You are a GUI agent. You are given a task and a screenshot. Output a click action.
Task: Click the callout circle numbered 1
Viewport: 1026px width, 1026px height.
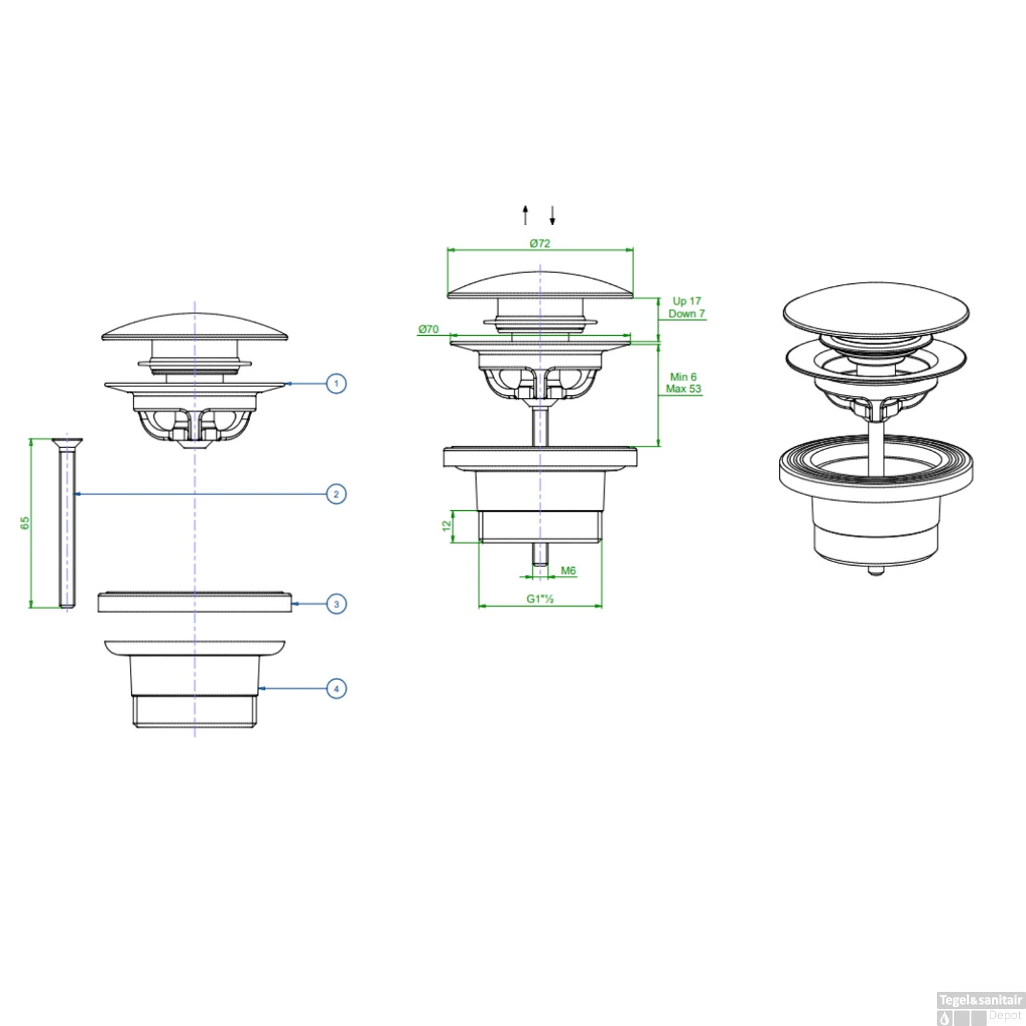tap(336, 383)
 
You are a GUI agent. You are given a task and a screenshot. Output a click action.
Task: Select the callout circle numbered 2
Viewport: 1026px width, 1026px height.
tap(336, 494)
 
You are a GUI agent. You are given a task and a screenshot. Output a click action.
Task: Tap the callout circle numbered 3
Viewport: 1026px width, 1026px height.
tap(336, 604)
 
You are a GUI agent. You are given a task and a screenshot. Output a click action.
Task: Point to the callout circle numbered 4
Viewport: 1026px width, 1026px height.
tap(336, 688)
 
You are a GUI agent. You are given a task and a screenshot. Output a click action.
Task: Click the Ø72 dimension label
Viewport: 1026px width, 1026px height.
tap(540, 243)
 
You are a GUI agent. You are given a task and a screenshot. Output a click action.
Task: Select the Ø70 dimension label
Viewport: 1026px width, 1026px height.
tap(428, 329)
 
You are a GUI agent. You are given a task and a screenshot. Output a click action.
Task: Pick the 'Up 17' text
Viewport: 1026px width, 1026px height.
tap(687, 301)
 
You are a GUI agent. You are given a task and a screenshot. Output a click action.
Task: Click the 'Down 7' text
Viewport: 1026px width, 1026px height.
tap(687, 314)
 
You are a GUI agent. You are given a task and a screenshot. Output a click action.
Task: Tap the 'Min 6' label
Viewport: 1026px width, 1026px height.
tap(683, 377)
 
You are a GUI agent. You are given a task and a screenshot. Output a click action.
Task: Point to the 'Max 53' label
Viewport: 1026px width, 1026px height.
tap(683, 389)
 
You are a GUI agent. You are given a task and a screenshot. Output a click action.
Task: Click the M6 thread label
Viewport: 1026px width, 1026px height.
tap(568, 570)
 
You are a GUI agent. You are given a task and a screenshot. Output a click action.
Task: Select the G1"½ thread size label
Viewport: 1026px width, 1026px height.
tap(540, 598)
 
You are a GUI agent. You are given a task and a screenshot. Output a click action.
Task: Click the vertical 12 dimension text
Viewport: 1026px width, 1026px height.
tap(447, 525)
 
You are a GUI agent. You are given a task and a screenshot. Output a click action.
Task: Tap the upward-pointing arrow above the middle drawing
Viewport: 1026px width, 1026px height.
tap(525, 214)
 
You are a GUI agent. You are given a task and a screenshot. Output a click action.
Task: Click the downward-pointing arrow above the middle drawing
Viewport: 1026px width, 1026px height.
tap(552, 215)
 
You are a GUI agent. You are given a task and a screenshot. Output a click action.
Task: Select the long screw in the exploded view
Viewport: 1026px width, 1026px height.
tap(67, 523)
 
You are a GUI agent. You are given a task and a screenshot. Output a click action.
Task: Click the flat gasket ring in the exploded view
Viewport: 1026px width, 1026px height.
tap(195, 601)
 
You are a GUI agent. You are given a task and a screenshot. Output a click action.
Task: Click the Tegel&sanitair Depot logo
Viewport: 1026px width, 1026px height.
tap(980, 1008)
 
